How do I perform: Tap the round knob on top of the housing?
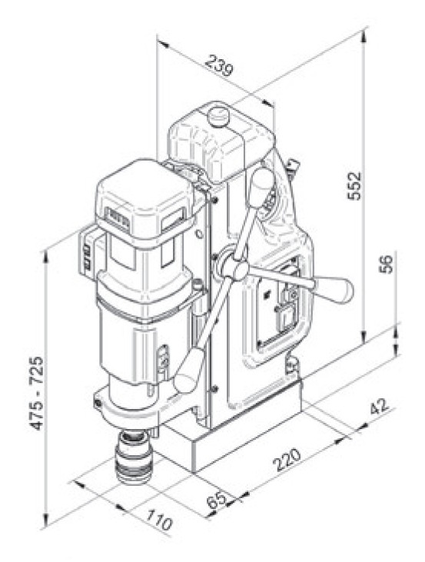tap(221, 117)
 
